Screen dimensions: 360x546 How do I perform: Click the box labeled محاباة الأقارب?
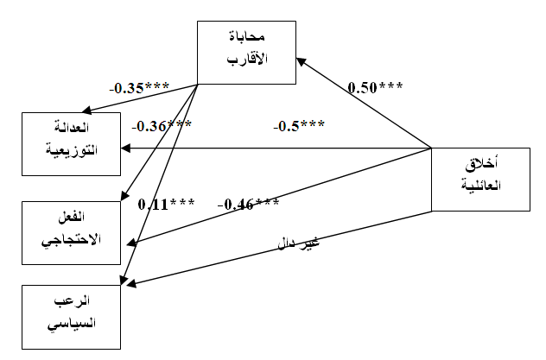tap(246, 52)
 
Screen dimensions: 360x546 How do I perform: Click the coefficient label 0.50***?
tap(376, 87)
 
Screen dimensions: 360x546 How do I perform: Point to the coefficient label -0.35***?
tap(138, 87)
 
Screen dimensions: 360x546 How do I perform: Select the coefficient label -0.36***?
tap(162, 126)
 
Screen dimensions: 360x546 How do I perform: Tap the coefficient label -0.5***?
tap(299, 126)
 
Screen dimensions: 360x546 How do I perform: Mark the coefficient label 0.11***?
tap(167, 205)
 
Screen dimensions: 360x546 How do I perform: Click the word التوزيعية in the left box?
tap(73, 150)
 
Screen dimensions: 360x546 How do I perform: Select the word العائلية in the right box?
tap(479, 186)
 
